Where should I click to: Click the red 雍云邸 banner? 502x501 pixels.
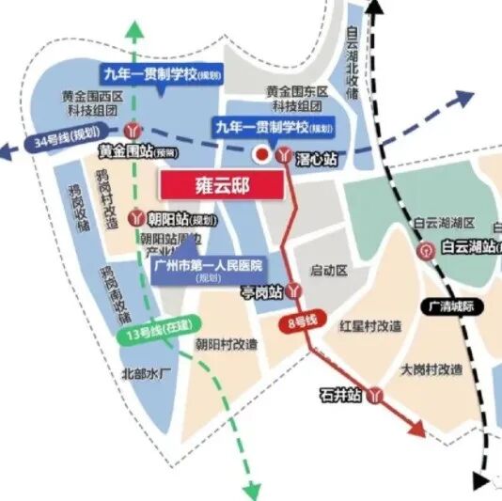[221, 185]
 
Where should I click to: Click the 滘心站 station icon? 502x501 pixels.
[285, 158]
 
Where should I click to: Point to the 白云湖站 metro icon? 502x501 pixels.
[428, 250]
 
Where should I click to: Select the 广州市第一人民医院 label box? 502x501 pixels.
[208, 270]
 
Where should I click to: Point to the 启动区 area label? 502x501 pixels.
[329, 271]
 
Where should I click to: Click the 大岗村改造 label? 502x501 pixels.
[431, 368]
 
